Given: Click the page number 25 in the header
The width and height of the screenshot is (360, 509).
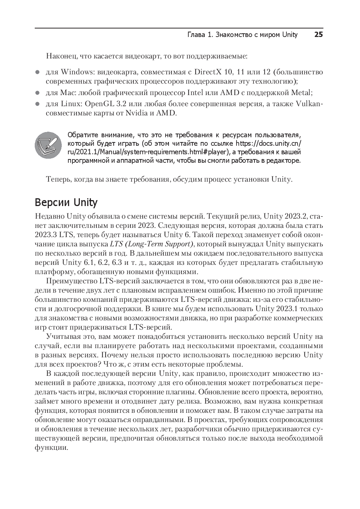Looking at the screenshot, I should pyautogui.click(x=318, y=35).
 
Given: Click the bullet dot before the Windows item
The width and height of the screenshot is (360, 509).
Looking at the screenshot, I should pyautogui.click(x=37, y=72).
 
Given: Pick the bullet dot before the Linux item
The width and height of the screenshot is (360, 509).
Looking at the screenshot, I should pyautogui.click(x=37, y=104).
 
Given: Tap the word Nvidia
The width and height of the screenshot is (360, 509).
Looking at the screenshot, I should pyautogui.click(x=137, y=113).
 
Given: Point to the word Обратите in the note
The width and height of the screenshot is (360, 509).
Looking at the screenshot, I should pyautogui.click(x=81, y=134).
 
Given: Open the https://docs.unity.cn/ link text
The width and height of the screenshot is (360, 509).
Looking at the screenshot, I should pyautogui.click(x=268, y=143).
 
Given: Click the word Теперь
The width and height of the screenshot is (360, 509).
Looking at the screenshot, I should pyautogui.click(x=58, y=180).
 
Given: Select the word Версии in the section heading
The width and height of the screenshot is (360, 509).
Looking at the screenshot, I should pyautogui.click(x=53, y=203).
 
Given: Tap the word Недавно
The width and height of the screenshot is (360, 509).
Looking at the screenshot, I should pyautogui.click(x=50, y=216).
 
